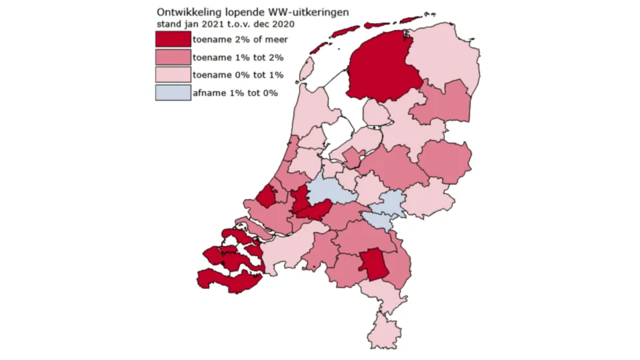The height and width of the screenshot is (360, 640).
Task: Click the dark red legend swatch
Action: click(x=173, y=39)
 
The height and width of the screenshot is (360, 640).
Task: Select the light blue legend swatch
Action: click(x=173, y=93)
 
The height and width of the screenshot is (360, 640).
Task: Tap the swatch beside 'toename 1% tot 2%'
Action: click(x=173, y=57)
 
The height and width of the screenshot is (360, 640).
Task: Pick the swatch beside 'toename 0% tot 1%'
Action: click(x=173, y=75)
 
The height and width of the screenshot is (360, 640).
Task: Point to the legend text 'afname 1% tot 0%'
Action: click(x=235, y=93)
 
